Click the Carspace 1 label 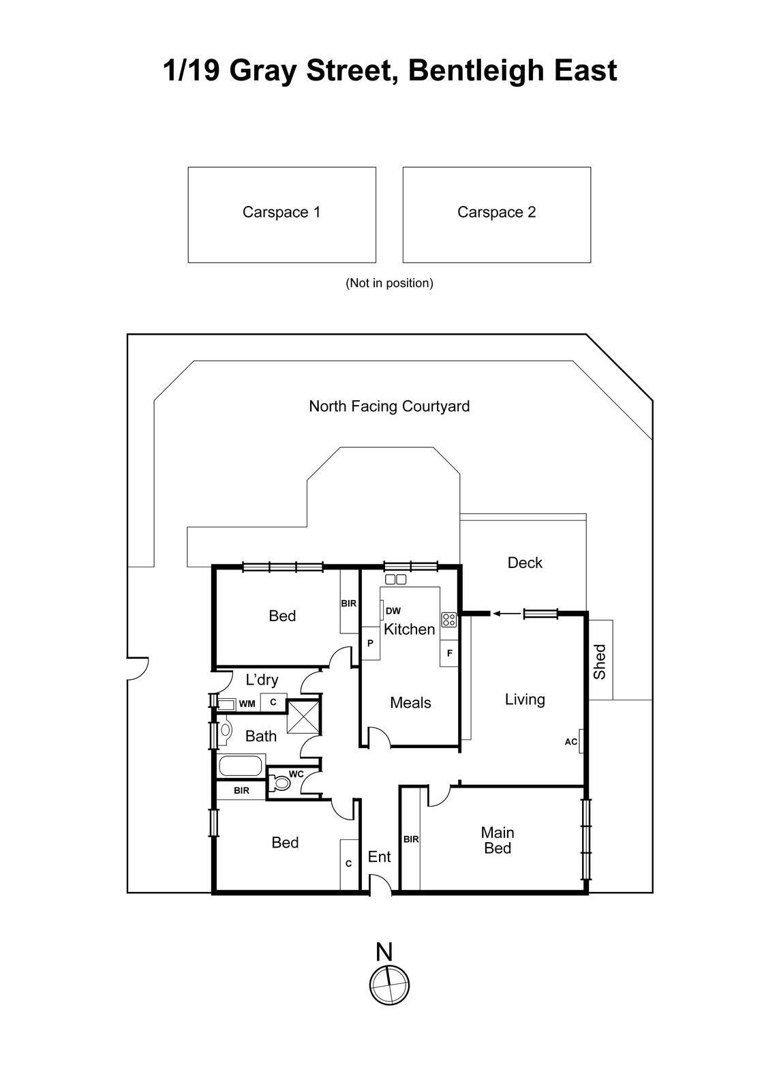pyautogui.click(x=281, y=212)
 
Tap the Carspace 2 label pyautogui.click(x=496, y=212)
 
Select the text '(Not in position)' pyautogui.click(x=389, y=283)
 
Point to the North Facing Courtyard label pyautogui.click(x=389, y=406)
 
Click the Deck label pyautogui.click(x=525, y=563)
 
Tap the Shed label pyautogui.click(x=600, y=661)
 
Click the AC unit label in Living pyautogui.click(x=571, y=742)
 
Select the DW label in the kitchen pyautogui.click(x=393, y=611)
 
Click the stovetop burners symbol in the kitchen pyautogui.click(x=448, y=620)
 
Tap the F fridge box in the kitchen pyautogui.click(x=449, y=653)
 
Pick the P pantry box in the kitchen pyautogui.click(x=370, y=643)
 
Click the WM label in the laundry pyautogui.click(x=247, y=704)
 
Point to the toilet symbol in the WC pyautogui.click(x=280, y=783)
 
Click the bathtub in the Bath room pyautogui.click(x=241, y=766)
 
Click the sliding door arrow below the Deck pyautogui.click(x=505, y=614)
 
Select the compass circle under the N pyautogui.click(x=389, y=984)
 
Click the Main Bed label pyautogui.click(x=498, y=840)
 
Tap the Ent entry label pyautogui.click(x=379, y=856)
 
